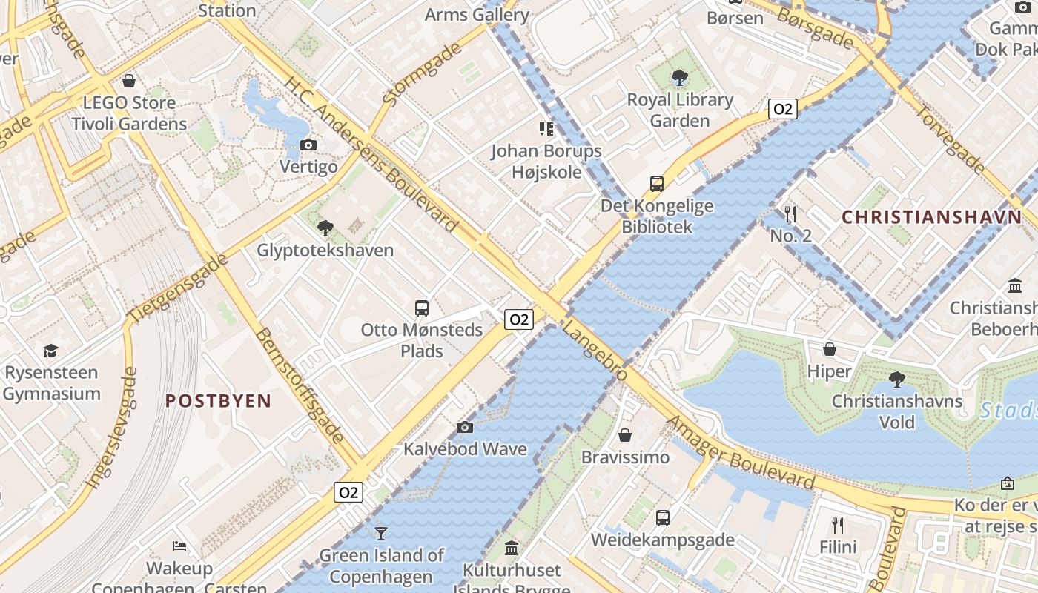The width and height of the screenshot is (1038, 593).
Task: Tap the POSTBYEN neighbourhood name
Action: click(x=218, y=402)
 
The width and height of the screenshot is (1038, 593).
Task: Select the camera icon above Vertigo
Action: click(x=308, y=145)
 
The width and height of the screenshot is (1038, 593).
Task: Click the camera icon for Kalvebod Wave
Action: click(x=465, y=427)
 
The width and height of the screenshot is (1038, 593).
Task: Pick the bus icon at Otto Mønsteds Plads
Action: click(x=422, y=308)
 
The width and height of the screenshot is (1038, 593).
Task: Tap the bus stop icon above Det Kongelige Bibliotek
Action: click(x=657, y=183)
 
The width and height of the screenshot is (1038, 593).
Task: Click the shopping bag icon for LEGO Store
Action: click(x=129, y=81)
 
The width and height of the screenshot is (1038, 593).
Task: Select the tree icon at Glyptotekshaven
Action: click(x=325, y=228)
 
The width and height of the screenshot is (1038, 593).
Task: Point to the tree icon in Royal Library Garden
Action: click(x=679, y=77)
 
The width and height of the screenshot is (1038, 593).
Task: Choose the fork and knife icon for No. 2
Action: click(x=790, y=214)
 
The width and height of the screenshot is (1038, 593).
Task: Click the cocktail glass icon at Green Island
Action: click(x=381, y=533)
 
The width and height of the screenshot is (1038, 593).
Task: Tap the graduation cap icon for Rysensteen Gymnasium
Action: click(x=50, y=350)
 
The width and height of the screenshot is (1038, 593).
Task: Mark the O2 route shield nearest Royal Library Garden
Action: click(x=782, y=110)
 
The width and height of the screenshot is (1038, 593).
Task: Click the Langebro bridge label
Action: click(x=595, y=351)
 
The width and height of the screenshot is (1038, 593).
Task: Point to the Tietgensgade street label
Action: click(x=178, y=289)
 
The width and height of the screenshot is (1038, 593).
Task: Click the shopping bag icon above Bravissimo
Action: click(x=625, y=435)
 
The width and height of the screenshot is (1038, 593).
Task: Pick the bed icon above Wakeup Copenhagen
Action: click(x=179, y=546)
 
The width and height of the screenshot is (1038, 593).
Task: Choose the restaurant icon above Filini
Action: click(x=838, y=526)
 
